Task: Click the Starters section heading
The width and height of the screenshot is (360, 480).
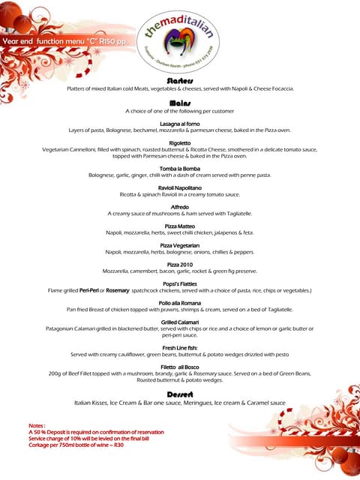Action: tap(180, 80)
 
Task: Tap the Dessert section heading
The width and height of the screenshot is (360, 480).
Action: tap(180, 394)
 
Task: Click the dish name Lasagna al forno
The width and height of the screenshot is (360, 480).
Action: tap(180, 123)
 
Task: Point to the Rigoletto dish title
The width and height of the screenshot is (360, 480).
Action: tap(180, 142)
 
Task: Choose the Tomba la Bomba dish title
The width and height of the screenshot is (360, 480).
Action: tap(180, 169)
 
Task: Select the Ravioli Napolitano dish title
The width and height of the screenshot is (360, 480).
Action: tap(180, 187)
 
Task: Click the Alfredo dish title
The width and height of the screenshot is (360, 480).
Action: tap(180, 206)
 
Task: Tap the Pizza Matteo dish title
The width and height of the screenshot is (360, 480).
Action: tap(180, 226)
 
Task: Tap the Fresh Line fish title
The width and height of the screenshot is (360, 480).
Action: tap(180, 348)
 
